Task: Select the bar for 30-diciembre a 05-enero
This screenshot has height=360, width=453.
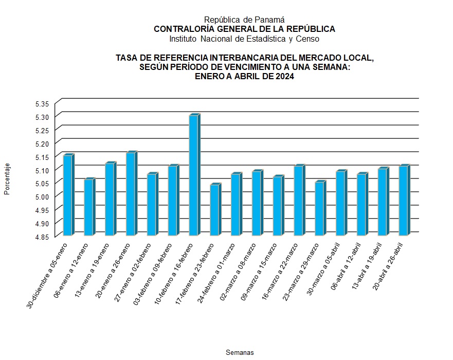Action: click(x=67, y=195)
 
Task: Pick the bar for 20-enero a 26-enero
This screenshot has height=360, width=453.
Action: click(x=131, y=194)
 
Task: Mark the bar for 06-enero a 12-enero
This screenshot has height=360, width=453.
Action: click(x=88, y=207)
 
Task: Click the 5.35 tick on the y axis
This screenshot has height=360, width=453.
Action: click(x=42, y=103)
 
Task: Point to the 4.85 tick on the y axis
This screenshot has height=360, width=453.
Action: click(x=42, y=237)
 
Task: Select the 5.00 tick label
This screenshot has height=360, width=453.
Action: click(x=42, y=196)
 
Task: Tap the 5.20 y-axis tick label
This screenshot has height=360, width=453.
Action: click(x=42, y=143)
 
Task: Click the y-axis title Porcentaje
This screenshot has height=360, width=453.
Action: click(x=7, y=179)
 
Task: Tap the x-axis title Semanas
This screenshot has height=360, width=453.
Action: click(x=240, y=353)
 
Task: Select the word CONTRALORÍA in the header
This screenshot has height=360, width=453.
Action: click(x=178, y=29)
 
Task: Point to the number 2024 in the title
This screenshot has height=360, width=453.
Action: click(x=284, y=77)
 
